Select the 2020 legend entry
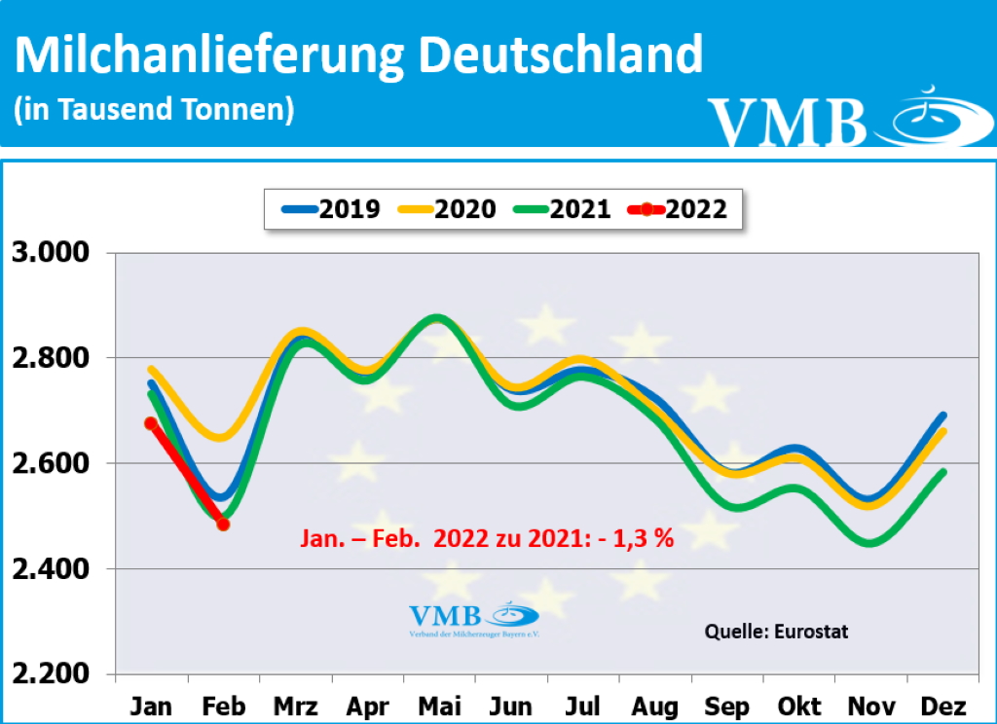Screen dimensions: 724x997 tap(445, 208)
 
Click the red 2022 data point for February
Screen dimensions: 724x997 tap(223, 525)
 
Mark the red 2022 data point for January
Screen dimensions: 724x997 tap(151, 423)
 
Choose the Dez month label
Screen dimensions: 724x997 tap(941, 705)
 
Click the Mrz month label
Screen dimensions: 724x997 tap(296, 705)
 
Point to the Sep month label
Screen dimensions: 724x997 tap(725, 705)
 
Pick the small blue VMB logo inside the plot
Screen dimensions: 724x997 tap(472, 619)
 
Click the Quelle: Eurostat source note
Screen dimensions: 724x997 tap(776, 632)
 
